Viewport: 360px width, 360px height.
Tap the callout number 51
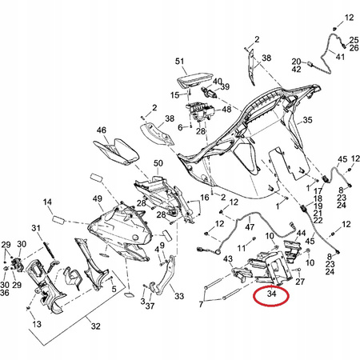point(180,62)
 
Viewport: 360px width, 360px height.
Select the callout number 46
point(102,130)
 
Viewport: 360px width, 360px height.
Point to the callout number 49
point(98,198)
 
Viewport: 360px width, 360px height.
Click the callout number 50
point(158,163)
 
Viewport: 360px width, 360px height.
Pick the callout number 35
point(307,120)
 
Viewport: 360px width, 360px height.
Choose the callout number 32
point(96,326)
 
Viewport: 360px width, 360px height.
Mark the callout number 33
point(179,296)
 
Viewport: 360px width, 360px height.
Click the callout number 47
point(250,227)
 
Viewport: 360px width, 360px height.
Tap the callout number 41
point(340,57)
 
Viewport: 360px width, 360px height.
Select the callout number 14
point(47,202)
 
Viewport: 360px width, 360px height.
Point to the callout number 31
point(36,228)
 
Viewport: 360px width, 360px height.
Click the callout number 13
point(37,324)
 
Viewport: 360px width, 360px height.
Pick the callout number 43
point(228,258)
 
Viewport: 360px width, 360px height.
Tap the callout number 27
point(300,282)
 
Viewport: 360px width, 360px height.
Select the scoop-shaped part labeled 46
point(116,151)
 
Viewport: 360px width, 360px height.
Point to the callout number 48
point(226,110)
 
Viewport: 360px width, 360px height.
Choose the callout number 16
point(205,198)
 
